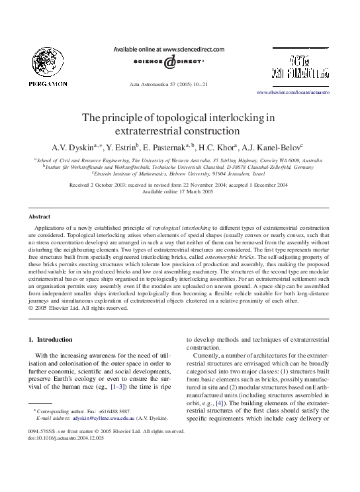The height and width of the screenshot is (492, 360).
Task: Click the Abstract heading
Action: (40, 217)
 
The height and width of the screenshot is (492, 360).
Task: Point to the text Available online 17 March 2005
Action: (179, 191)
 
